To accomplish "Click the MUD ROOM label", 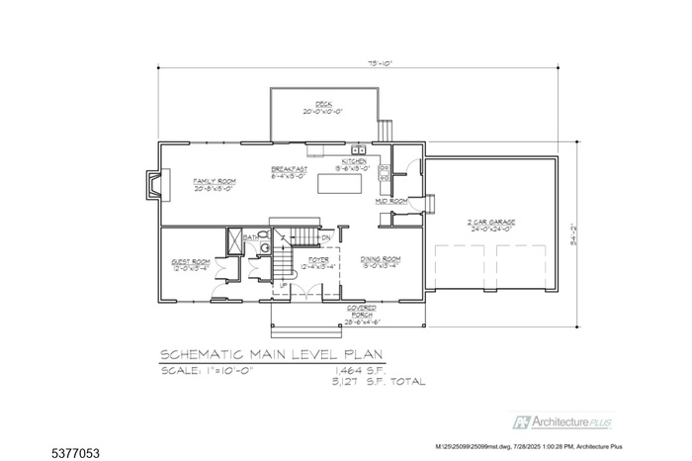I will pyautogui.click(x=391, y=201).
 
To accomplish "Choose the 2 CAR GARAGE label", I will pyautogui.click(x=490, y=225).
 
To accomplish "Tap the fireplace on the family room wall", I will pyautogui.click(x=151, y=186).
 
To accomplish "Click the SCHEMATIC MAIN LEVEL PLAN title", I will pyautogui.click(x=273, y=354).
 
